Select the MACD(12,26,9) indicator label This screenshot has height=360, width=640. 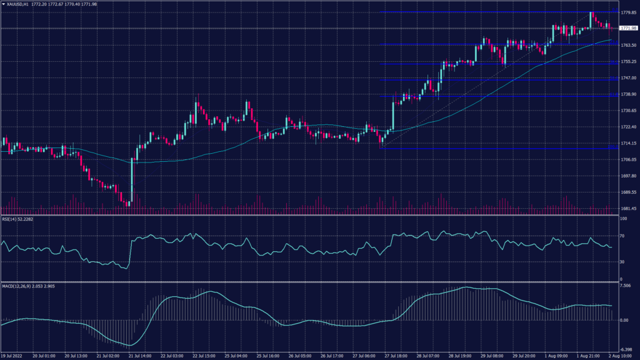coord(21,286)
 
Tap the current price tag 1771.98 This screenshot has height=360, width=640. coord(628,28)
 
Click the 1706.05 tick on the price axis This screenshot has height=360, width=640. coord(628,159)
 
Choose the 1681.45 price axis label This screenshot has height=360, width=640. coord(628,208)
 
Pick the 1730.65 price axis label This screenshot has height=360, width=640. coord(628,111)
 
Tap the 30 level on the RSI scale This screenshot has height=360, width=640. coord(623,261)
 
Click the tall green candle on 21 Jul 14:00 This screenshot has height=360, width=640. coord(132,181)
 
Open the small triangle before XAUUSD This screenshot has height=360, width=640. coord(4,4)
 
